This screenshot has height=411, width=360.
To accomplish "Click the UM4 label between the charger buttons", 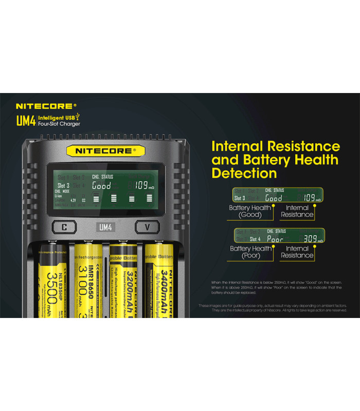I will (105, 227).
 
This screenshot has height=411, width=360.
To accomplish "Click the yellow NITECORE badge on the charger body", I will (105, 151).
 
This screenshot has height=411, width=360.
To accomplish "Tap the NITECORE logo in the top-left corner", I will (46, 106).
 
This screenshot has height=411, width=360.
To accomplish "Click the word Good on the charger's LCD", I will (101, 185).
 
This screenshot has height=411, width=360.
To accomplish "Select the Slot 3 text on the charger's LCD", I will (63, 185).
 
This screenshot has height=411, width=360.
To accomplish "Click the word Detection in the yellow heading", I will (244, 173).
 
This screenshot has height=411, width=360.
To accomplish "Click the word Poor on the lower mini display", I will (275, 239).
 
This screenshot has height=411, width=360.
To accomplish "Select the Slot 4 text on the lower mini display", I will (256, 239).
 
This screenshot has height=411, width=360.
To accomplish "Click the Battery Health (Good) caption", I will (251, 211).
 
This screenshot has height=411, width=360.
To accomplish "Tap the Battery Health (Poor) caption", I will (251, 252).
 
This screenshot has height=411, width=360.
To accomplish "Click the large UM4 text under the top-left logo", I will (26, 121).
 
